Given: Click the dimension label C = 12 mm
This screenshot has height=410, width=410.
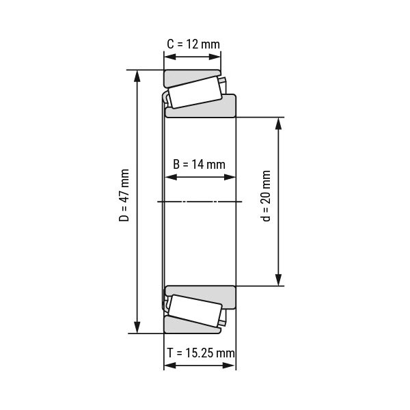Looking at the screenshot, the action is pos(193,44).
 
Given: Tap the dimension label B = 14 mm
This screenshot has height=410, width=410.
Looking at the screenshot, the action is pos(199,165).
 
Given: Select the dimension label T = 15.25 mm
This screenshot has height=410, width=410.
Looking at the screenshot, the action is pos(201,353).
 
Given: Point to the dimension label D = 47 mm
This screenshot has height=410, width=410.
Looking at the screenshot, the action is pos(124,195).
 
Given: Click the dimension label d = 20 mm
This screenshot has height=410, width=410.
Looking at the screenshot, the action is pos(266,196).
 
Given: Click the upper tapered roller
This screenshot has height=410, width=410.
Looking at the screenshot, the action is pos(195,92).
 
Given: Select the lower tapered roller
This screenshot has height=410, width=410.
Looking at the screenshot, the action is pos(195,311).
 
